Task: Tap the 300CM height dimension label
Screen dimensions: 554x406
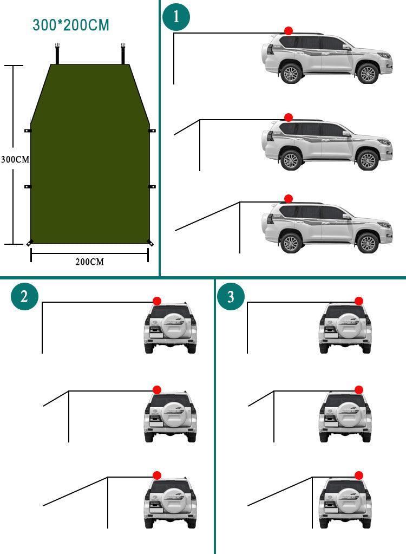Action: pos(15,160)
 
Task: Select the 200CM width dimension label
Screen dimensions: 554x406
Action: pos(89,262)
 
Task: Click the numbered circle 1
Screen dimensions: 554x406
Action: pos(176,17)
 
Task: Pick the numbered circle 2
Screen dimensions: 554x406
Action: pos(24,296)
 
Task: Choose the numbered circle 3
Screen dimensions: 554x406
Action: pos(231,297)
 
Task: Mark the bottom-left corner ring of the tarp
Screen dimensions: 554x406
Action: pos(30,243)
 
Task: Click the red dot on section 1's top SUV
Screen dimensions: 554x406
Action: pos(289,31)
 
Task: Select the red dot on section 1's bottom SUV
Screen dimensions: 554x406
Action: pos(289,199)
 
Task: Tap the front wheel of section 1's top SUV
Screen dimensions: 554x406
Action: pos(368,73)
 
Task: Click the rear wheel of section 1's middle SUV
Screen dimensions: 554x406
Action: pos(291,160)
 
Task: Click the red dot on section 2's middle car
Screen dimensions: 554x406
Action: pos(157,389)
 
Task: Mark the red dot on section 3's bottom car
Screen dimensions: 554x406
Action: pos(358,475)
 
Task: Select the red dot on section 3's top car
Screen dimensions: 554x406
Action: pos(358,301)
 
